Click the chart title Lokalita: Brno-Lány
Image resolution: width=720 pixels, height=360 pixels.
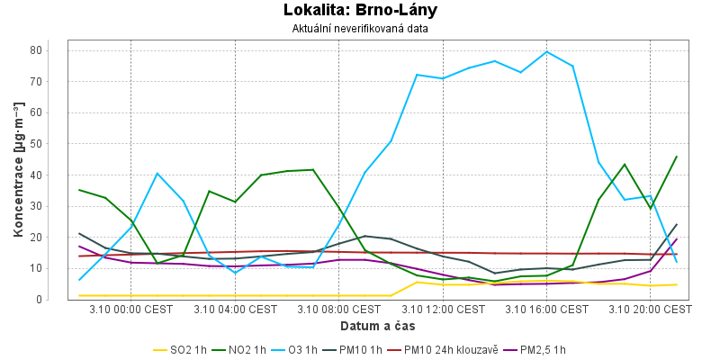pos(360,11)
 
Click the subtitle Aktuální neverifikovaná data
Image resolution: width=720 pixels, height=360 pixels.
pos(360,28)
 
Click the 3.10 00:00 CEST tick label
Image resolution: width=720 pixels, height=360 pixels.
pos(131,310)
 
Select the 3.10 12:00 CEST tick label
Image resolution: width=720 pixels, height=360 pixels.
pos(443,310)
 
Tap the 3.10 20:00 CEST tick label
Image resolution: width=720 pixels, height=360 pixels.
pos(650,310)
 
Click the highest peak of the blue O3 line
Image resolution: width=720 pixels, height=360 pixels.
pos(546,51)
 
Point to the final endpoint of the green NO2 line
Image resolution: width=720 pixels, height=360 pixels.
pos(676,157)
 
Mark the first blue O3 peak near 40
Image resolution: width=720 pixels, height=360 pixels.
pos(157,174)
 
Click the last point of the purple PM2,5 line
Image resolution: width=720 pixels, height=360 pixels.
pos(676,239)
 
